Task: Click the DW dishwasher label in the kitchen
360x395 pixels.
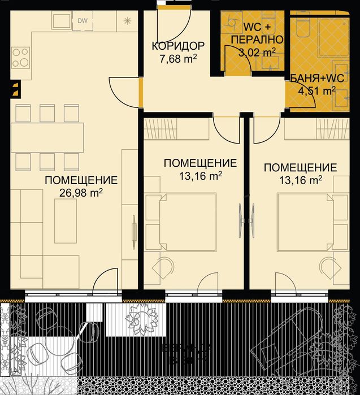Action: tap(83, 21)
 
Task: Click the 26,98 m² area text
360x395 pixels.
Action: tap(81, 192)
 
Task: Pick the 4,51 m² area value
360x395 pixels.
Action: tap(317, 89)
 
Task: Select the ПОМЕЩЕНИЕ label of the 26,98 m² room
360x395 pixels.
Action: tap(81, 181)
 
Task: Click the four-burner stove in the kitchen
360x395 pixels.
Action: tap(20, 57)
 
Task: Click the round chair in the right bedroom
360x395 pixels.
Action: tap(329, 266)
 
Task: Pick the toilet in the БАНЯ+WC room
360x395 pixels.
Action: tap(301, 28)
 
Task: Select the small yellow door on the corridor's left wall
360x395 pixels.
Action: tap(140, 91)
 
